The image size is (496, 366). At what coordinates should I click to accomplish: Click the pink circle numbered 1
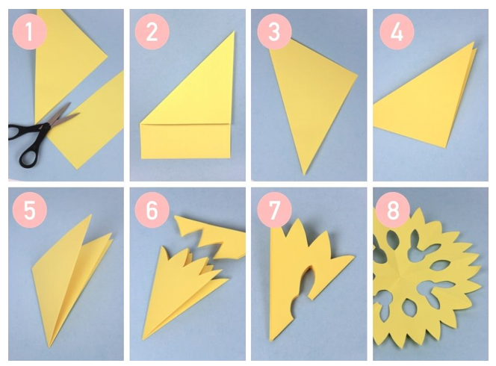29,31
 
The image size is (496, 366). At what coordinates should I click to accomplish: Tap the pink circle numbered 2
152,31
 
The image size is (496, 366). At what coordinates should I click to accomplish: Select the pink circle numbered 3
274,31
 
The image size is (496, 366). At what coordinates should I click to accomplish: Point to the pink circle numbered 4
397,31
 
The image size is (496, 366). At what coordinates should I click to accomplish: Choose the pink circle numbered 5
29,211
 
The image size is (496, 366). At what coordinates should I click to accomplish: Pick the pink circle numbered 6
152,211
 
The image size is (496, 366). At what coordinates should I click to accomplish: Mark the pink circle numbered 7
274,211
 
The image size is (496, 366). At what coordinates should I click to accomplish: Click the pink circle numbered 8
393,211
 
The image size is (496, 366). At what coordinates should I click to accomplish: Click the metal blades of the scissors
63,115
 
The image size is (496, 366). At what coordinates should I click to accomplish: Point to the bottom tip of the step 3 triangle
304,175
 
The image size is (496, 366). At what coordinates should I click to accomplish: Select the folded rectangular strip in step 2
186,141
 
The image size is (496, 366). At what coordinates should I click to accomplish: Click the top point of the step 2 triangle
235,31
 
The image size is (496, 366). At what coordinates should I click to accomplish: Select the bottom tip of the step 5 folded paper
49,347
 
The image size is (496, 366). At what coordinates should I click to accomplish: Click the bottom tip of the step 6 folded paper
143,339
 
